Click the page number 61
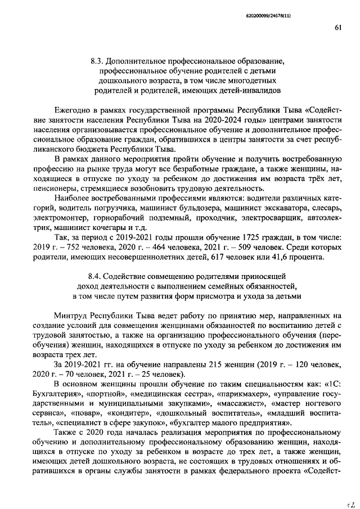pyautogui.click(x=338, y=26)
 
